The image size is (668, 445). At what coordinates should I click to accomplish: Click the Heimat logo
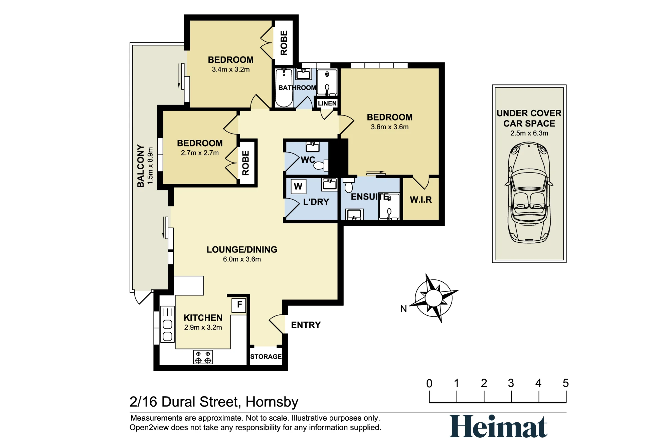(x=498, y=426)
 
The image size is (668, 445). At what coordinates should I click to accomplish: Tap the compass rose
(x=434, y=298)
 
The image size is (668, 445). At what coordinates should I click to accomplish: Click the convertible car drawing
(x=529, y=192)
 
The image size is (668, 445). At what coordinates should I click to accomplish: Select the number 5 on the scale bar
(x=565, y=383)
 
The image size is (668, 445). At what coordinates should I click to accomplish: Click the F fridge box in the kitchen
(x=239, y=305)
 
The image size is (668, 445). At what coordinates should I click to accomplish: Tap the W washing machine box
(x=298, y=186)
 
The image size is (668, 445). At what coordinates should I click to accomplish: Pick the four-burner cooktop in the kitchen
(x=203, y=357)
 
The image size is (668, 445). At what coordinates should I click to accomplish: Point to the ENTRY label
(x=306, y=325)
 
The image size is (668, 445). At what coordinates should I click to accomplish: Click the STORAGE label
(x=266, y=357)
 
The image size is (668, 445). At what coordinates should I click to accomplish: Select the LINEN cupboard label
(x=327, y=103)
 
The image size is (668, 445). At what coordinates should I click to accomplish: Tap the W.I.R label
(x=421, y=200)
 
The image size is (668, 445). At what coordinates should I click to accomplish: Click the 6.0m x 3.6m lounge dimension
(x=242, y=259)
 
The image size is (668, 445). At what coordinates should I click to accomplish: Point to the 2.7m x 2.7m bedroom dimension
(x=200, y=153)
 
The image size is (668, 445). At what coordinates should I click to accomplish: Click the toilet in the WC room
(x=321, y=165)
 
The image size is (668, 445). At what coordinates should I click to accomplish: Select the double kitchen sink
(x=167, y=324)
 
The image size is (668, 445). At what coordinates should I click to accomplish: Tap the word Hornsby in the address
(x=272, y=402)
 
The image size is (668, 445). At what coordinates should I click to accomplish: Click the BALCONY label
(x=141, y=166)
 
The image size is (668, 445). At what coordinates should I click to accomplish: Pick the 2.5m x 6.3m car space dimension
(x=529, y=133)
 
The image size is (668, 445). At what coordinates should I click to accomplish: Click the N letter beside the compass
(x=403, y=309)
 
